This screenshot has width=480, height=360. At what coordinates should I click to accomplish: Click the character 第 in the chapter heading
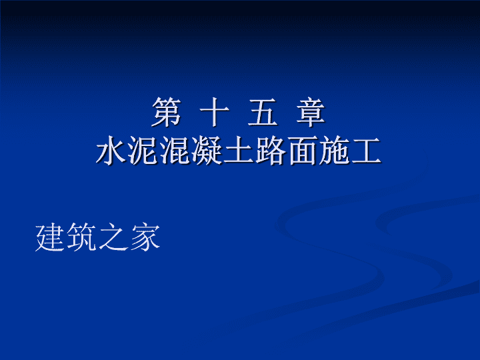point(167,112)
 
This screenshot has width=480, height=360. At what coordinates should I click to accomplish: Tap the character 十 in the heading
point(214,112)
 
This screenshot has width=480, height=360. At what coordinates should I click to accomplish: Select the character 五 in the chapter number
point(263,112)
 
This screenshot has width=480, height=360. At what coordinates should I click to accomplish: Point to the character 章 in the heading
point(311,112)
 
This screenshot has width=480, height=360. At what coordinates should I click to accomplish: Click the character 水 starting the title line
point(111,150)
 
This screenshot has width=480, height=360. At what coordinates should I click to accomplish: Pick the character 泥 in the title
point(143,150)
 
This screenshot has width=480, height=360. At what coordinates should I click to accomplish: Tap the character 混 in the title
point(175,150)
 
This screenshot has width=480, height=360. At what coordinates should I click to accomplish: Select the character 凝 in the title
point(207,150)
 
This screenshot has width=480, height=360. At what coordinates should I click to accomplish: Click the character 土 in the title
point(239,150)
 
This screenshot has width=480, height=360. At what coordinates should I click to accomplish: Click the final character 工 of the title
point(366,150)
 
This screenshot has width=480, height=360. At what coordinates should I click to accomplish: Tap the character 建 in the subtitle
point(51,237)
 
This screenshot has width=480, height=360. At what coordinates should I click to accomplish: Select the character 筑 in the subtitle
point(82,237)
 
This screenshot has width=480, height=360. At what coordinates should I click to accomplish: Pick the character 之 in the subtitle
point(113,237)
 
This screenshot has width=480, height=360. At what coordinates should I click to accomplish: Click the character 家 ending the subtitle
point(145,237)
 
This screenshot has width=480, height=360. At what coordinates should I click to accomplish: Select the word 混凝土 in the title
point(207,150)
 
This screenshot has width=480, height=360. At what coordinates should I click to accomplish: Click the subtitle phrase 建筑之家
point(97,237)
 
